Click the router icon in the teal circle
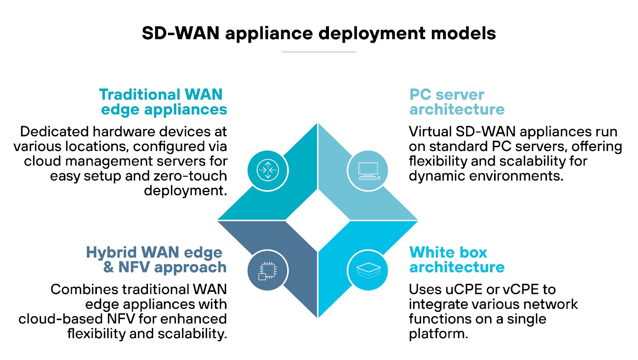point(268,171)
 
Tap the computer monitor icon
point(368,171)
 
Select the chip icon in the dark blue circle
point(268,270)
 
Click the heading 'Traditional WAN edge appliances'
point(163,102)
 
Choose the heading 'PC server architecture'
point(457,102)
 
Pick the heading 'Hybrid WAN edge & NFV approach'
point(156,260)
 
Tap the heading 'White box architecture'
point(457,260)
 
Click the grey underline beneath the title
point(319,52)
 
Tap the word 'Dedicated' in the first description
point(54,132)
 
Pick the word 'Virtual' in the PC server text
point(430,132)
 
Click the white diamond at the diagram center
point(318,220)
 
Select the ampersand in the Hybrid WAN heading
point(108,267)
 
